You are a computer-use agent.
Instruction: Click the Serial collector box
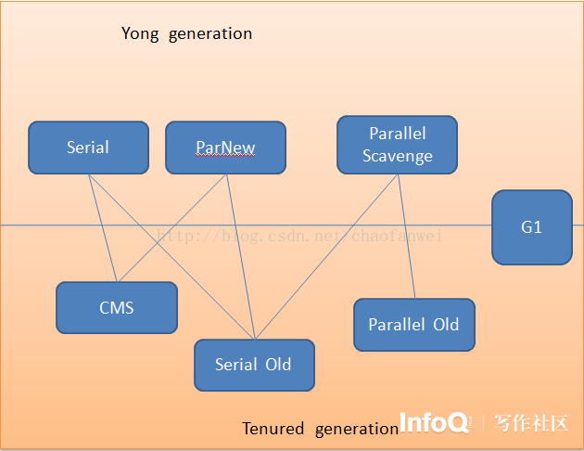point(89,148)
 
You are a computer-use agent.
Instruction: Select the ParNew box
point(225,148)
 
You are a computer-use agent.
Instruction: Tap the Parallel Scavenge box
point(398,145)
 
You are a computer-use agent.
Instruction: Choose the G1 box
point(532,227)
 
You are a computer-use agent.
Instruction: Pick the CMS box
point(117,307)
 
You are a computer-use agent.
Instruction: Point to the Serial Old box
point(254,366)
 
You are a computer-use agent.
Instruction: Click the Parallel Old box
point(414,325)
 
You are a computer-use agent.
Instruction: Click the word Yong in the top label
point(140,34)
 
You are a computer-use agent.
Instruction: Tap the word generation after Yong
point(210,34)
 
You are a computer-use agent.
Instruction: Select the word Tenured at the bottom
point(273,429)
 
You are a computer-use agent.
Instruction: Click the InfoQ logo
point(434,422)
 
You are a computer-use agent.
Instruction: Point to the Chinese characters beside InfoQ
point(531,423)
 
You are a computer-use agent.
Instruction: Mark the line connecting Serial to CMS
point(103,228)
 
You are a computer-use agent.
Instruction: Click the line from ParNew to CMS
point(172,228)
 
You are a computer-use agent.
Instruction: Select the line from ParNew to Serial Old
point(241,257)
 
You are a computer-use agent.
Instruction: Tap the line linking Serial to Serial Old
point(171,257)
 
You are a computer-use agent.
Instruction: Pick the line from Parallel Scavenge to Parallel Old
point(406,237)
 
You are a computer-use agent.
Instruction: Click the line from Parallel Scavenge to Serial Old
point(326,257)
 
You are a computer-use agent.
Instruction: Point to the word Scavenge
point(398,156)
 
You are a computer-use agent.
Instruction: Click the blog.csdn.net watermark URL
point(299,236)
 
